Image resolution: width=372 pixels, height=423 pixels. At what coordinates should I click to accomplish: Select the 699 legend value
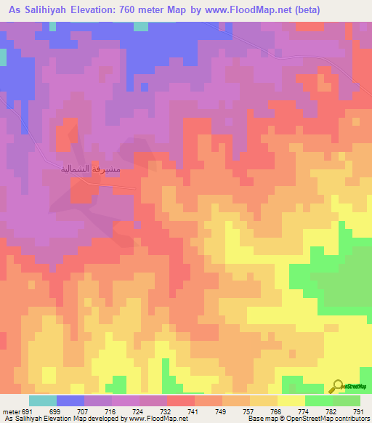55,411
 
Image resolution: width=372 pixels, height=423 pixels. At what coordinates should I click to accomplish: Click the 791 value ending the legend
357,411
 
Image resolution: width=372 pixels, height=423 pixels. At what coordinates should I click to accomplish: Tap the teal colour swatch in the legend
43,400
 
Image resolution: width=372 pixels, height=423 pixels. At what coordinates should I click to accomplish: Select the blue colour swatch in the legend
70,400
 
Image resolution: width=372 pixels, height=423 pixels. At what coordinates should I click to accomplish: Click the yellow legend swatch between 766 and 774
291,400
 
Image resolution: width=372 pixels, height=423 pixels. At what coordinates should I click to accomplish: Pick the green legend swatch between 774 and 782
319,400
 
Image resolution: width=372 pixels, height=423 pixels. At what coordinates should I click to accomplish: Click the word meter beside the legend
8,411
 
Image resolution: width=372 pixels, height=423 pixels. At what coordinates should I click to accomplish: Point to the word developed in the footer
103,419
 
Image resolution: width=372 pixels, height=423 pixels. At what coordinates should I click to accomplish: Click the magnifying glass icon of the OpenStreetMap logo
337,386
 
